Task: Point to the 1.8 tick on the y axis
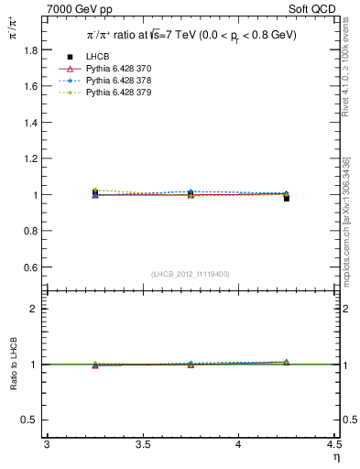[30, 50]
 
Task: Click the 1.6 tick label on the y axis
[30, 86]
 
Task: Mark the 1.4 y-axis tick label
[30, 123]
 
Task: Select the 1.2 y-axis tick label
[30, 158]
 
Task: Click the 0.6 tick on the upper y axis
[30, 267]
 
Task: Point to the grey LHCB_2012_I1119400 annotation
[190, 274]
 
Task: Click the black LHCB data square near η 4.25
[287, 198]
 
